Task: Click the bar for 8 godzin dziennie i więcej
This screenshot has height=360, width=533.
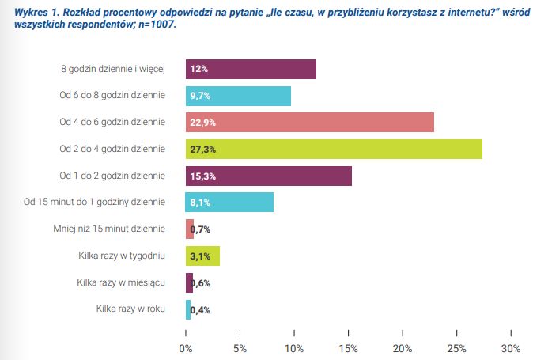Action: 251,70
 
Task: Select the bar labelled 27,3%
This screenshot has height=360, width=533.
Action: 334,149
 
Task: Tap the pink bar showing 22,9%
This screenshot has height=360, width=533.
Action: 310,123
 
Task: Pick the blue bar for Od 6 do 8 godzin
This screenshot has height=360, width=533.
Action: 238,96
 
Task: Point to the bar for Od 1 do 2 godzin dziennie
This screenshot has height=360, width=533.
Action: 268,176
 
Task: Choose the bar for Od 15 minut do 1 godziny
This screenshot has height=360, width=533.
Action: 229,203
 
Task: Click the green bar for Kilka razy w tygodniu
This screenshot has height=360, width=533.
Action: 202,256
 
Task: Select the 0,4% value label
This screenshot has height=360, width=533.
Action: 201,310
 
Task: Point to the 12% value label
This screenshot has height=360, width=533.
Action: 199,70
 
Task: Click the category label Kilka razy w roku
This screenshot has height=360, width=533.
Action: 130,309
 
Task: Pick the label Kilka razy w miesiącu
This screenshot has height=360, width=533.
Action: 121,282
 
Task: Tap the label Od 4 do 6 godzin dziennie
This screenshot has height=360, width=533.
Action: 112,122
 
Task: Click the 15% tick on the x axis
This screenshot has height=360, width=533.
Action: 349,348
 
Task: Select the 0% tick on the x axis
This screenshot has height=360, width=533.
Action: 186,348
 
